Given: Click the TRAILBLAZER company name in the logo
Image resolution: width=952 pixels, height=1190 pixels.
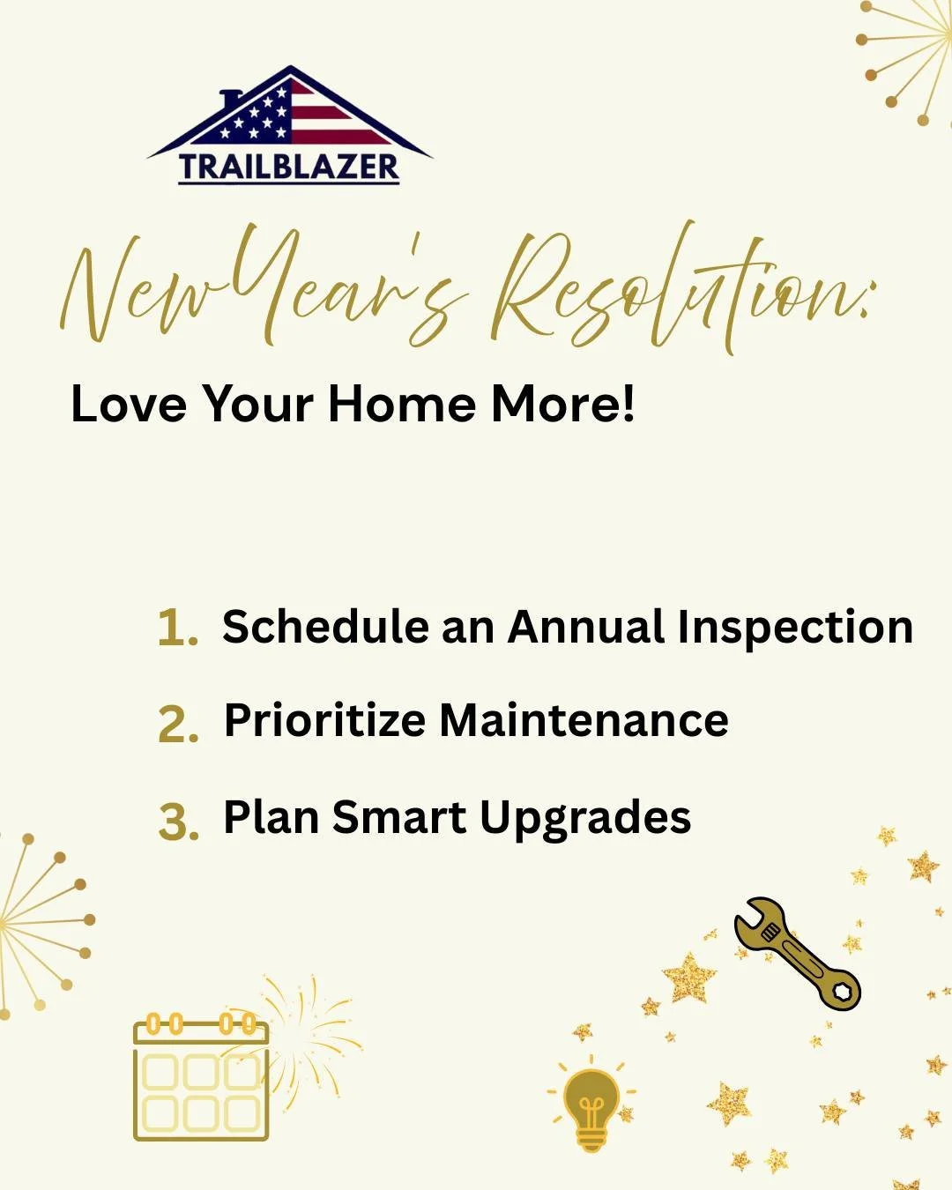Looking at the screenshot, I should point(289,167).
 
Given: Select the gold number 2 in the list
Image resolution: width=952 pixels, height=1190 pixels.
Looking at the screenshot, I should point(176,725).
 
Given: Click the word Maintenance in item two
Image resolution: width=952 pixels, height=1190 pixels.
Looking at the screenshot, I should point(584,720).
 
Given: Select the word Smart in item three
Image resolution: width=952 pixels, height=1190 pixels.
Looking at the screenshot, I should point(398,817).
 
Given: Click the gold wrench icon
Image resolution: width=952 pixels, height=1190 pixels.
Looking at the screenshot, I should point(797,954).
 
